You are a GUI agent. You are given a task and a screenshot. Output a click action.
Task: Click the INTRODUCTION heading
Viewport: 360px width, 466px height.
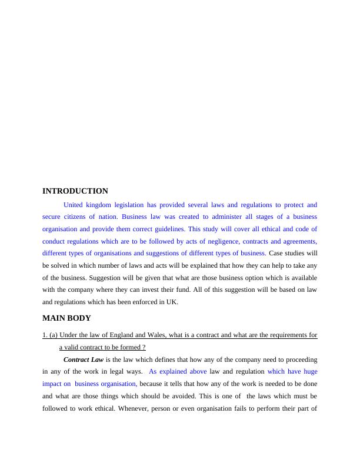(x=75, y=191)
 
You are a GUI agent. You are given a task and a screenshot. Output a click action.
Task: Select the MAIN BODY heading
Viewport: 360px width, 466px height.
(x=66, y=318)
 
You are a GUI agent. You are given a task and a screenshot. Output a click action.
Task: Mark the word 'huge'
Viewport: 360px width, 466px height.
(x=310, y=371)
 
